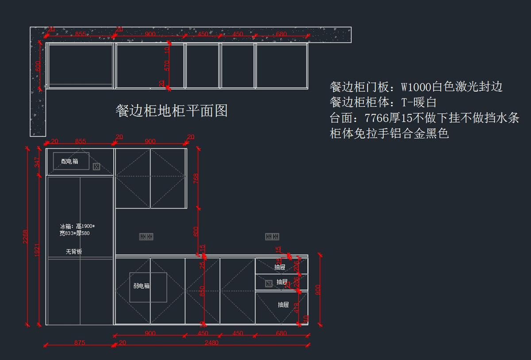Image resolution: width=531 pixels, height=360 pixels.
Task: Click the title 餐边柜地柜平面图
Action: click(x=172, y=111)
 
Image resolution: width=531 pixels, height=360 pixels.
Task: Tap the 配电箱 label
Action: click(x=69, y=162)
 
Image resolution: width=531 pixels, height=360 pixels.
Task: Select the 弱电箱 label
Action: click(x=142, y=286)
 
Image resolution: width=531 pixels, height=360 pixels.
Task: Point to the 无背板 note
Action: click(x=74, y=252)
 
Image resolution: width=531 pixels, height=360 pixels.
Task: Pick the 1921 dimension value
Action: click(x=37, y=250)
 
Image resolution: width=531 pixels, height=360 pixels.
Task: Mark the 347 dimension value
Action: click(x=37, y=162)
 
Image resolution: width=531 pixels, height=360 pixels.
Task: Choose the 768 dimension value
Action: click(x=196, y=178)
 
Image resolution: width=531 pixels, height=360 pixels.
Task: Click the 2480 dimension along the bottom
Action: click(x=212, y=342)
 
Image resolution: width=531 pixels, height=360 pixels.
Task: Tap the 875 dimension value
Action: click(x=80, y=342)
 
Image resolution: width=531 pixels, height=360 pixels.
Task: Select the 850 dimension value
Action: click(x=202, y=291)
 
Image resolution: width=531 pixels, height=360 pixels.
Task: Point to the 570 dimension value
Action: click(x=167, y=66)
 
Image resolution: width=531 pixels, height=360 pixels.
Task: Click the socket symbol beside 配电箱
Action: click(x=96, y=166)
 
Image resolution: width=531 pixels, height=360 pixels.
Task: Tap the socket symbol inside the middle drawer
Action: click(x=269, y=283)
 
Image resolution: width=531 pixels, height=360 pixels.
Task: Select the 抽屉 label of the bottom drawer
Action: click(x=283, y=305)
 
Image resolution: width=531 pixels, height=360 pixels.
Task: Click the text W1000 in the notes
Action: click(x=416, y=87)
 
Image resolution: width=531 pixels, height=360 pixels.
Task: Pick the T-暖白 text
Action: click(x=419, y=102)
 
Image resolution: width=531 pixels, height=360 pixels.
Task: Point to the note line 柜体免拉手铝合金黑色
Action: click(x=389, y=133)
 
